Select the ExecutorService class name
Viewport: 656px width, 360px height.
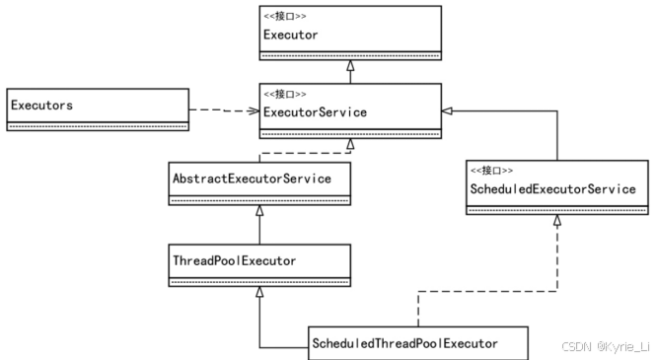click(x=315, y=111)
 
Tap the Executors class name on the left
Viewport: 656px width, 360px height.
click(x=41, y=104)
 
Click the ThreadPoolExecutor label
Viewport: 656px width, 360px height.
click(x=234, y=260)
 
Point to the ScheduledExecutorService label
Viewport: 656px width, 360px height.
click(x=550, y=189)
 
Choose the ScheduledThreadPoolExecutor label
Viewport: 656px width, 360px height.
click(x=404, y=342)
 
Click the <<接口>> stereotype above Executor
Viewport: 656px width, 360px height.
click(x=285, y=15)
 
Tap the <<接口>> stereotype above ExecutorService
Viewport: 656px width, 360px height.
click(x=285, y=94)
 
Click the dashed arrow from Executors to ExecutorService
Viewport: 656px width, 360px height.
click(x=222, y=108)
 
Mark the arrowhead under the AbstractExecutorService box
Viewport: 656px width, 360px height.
click(x=259, y=211)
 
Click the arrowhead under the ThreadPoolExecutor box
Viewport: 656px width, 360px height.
click(x=259, y=293)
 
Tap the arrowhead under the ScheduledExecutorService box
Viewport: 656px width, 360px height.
click(x=557, y=223)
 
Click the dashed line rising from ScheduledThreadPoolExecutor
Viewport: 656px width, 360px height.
click(x=418, y=306)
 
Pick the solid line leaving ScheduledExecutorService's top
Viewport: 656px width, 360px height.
click(x=557, y=138)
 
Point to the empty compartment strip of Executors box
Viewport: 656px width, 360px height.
click(x=97, y=125)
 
